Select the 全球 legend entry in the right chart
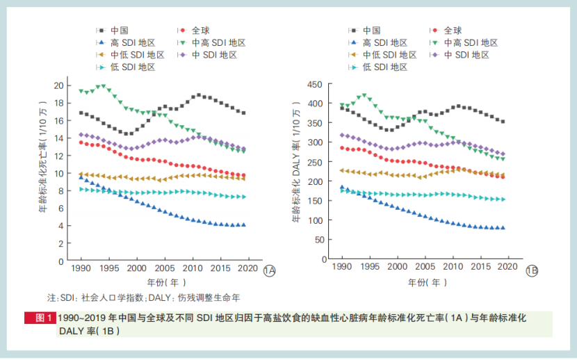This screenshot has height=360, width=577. tap(452, 31)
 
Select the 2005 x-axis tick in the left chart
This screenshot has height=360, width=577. tap(164, 268)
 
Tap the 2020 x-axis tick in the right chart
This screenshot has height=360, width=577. tap(509, 268)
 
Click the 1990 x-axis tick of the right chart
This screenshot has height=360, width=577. tap(342, 268)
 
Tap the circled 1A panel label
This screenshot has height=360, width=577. tap(270, 271)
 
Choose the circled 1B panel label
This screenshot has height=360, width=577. tap(532, 271)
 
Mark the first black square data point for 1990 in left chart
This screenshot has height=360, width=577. tap(81, 113)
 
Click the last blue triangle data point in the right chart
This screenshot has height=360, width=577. tap(503, 227)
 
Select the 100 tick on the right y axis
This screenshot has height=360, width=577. tap(315, 220)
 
